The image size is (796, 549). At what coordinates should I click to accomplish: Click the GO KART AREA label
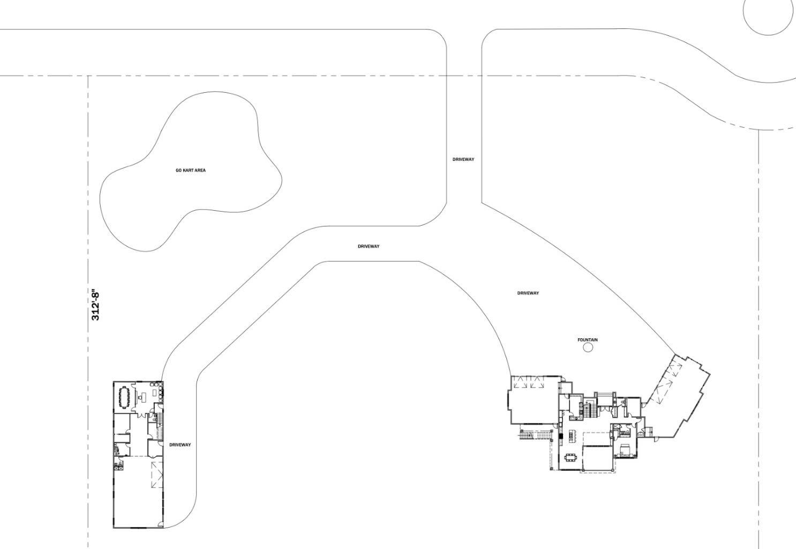click(x=191, y=170)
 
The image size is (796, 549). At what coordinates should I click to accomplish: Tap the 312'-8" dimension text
click(x=96, y=306)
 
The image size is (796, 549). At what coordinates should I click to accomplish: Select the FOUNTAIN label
click(x=588, y=340)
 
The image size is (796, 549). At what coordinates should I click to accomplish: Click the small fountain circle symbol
click(x=588, y=348)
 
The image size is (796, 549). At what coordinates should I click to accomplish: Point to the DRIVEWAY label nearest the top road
click(x=463, y=159)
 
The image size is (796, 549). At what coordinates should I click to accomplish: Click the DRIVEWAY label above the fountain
click(x=528, y=293)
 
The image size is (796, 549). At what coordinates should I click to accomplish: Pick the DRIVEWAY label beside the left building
click(x=180, y=445)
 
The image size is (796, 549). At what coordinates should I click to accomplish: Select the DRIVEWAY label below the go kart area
click(x=369, y=247)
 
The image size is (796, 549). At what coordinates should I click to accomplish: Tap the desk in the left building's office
click(x=143, y=397)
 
